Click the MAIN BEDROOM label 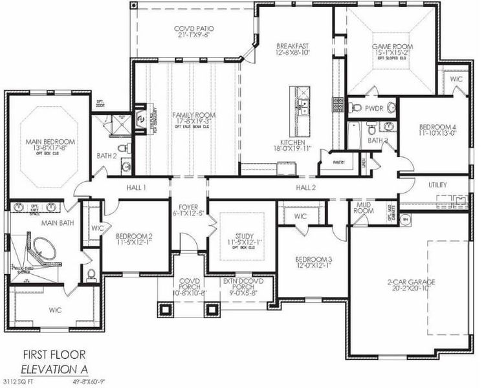coord(50,141)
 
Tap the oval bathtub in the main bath coord(45,249)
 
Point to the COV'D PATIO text coord(194,29)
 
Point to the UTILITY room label coord(437,185)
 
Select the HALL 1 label coord(136,187)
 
